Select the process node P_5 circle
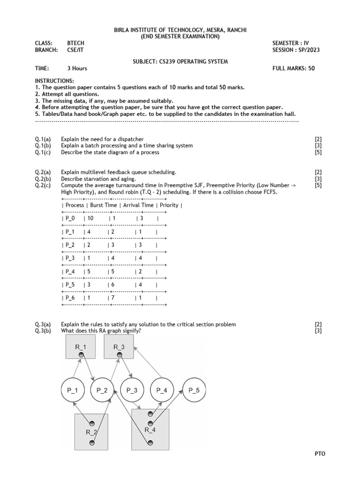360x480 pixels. [x=194, y=390]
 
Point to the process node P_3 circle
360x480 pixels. [x=132, y=390]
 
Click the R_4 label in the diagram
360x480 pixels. [x=150, y=429]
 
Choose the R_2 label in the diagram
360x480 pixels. [x=91, y=432]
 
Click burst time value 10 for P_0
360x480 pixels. [x=90, y=218]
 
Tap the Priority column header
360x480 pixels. [x=169, y=205]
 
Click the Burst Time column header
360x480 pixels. [x=103, y=205]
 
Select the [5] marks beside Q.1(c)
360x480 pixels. [x=318, y=152]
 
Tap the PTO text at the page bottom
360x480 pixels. [x=320, y=454]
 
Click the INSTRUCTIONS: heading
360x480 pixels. [x=54, y=81]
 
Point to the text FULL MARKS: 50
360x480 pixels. [x=293, y=68]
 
